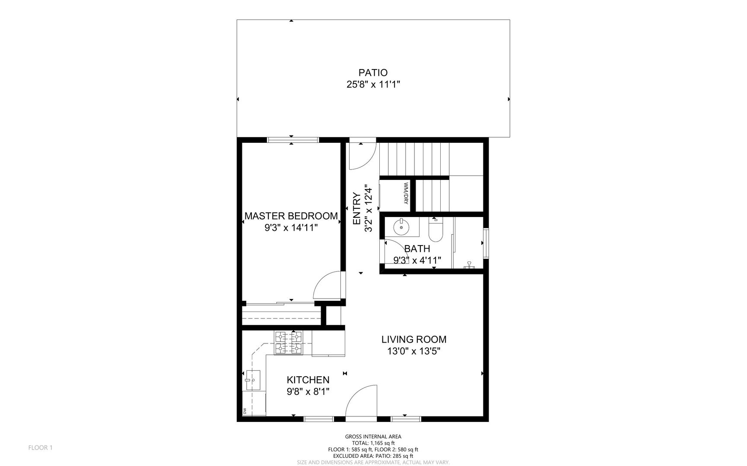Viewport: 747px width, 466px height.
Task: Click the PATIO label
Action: (373, 72)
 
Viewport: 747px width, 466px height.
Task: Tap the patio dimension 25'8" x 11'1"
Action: (373, 85)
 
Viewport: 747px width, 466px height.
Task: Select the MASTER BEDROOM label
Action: (291, 216)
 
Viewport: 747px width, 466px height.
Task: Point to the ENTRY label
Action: (357, 208)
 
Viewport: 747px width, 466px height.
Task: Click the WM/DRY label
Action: (406, 193)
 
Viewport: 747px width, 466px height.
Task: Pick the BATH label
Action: (417, 249)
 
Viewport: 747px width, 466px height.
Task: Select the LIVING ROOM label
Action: (414, 340)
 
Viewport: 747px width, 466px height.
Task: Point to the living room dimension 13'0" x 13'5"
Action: (414, 351)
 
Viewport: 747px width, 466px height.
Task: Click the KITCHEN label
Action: (308, 380)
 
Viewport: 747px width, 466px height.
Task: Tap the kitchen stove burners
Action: (289, 343)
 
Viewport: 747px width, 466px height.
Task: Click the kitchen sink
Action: (253, 380)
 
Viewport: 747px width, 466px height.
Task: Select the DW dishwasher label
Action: (245, 411)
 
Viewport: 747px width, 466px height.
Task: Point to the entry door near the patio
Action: (362, 155)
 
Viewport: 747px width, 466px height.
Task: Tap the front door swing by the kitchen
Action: (362, 401)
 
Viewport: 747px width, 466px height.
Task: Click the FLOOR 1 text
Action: (40, 447)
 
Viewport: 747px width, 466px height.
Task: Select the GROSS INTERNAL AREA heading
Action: (373, 437)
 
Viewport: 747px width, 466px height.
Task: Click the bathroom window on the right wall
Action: (486, 243)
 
